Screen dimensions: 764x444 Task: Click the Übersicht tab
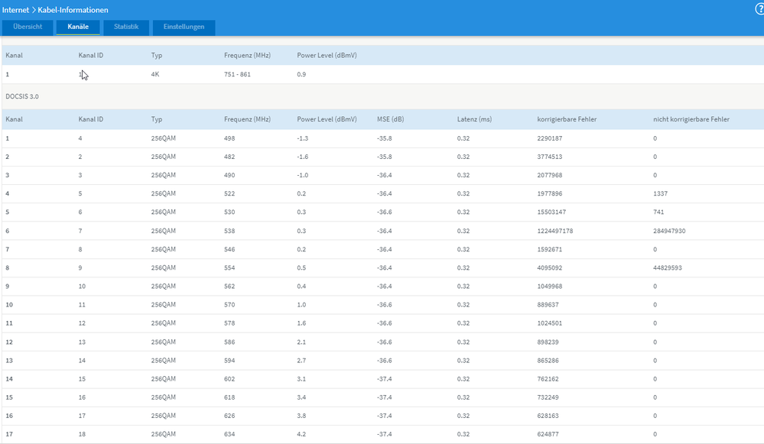coord(28,27)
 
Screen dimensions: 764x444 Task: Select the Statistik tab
coord(126,27)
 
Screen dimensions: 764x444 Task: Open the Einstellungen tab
coord(184,27)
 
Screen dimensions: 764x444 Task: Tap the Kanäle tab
coord(78,27)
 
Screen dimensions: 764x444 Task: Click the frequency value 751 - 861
coord(237,74)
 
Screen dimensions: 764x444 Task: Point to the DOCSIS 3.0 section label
coord(22,96)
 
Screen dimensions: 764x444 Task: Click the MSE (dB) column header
coord(390,119)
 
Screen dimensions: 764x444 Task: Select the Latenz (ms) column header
coord(474,119)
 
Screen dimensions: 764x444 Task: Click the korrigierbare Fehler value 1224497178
coord(555,231)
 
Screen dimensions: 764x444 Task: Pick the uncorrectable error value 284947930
coord(669,231)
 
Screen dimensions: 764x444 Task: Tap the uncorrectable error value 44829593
coord(668,267)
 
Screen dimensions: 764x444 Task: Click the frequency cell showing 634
coord(229,434)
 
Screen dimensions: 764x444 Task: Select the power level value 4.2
coord(301,434)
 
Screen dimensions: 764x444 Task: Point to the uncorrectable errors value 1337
coord(660,194)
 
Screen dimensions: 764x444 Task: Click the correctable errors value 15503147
coord(551,212)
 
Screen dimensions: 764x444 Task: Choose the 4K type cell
coord(155,74)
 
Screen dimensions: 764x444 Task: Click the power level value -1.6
coord(303,157)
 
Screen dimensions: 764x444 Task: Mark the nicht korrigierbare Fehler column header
coord(691,119)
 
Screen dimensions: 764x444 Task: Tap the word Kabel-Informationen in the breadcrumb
coord(73,10)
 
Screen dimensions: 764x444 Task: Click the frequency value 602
coord(229,379)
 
